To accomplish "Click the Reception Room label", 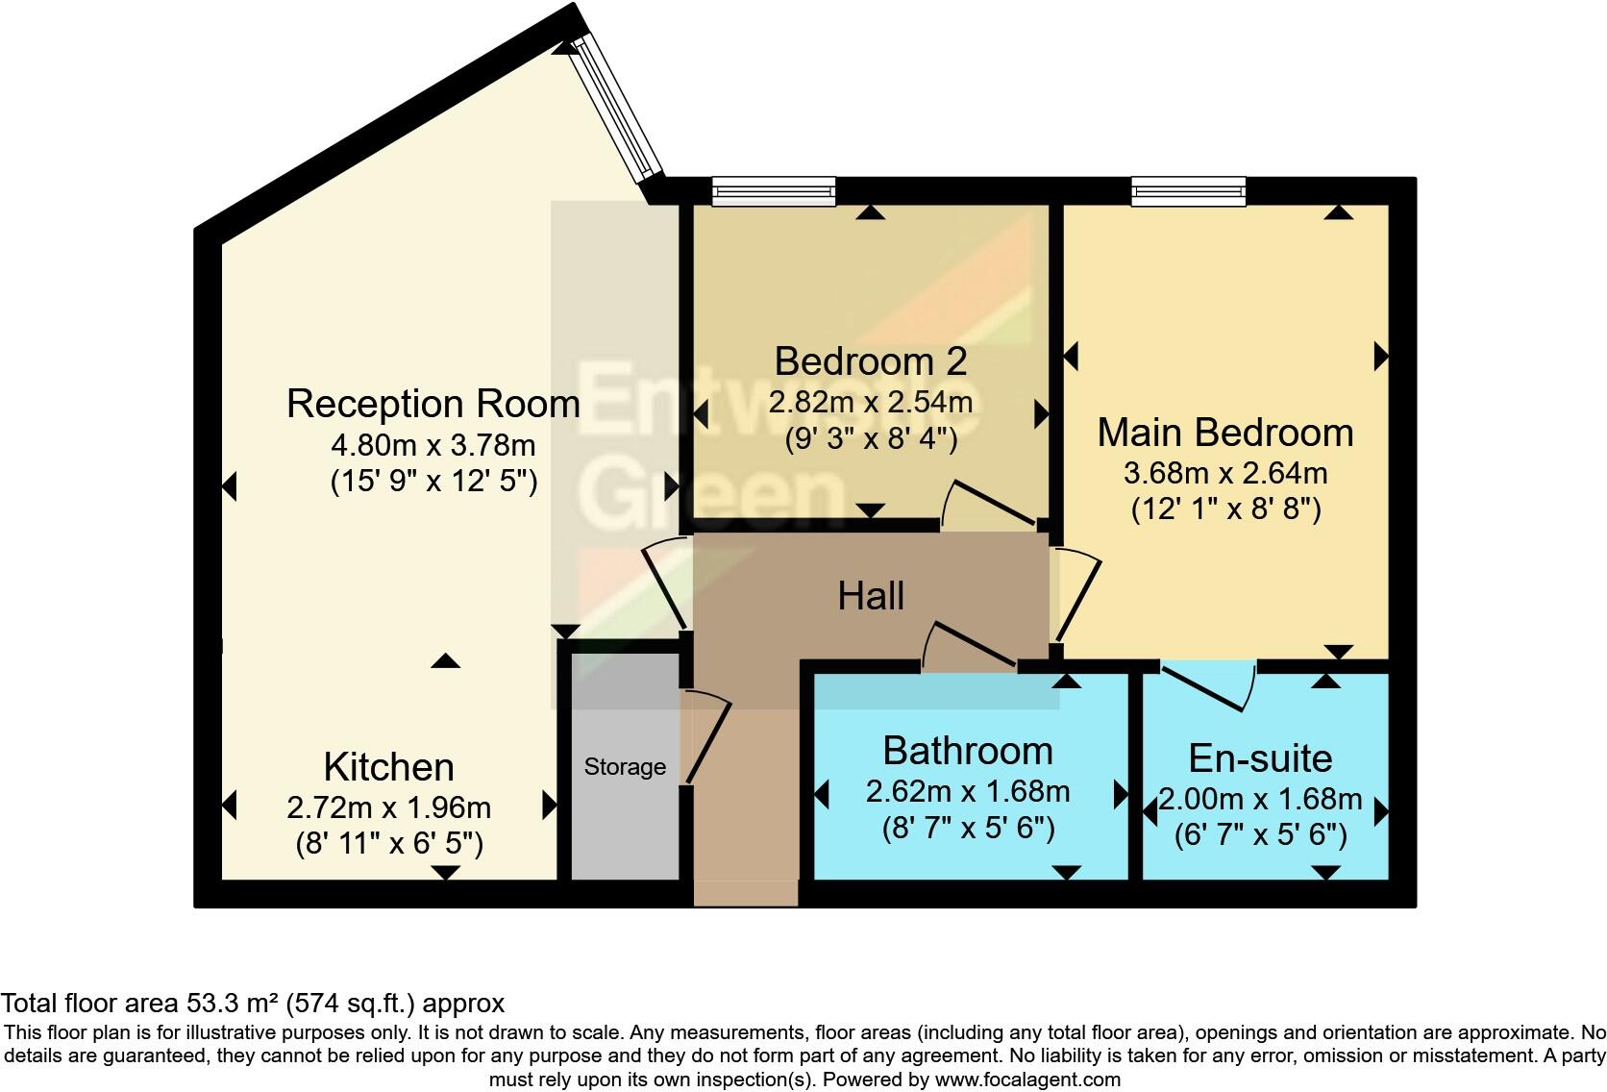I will tap(433, 404).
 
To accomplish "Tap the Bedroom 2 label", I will tap(870, 362).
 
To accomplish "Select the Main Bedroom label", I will tap(1225, 434).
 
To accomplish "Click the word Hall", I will tap(871, 597).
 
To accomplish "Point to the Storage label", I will tap(625, 767).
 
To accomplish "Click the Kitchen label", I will tap(388, 768).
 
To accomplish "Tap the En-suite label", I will tap(1260, 759).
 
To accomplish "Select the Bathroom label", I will tap(968, 751).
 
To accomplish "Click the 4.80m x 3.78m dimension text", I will tap(433, 446).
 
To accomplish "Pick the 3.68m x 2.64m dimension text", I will tap(1225, 474).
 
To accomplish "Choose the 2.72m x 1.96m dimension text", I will tap(388, 807).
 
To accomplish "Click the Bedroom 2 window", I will tap(774, 191).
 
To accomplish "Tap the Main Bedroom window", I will tap(1189, 191).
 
